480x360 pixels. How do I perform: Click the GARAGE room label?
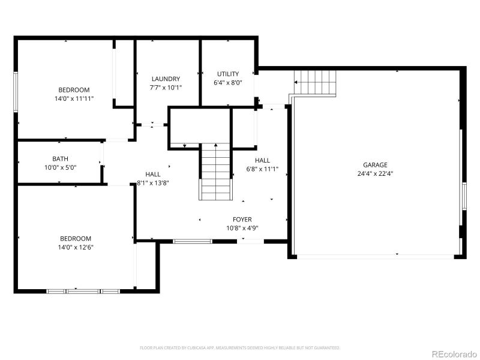tap(375, 165)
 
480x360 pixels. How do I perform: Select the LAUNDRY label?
tap(166, 79)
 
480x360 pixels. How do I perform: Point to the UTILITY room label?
tap(228, 74)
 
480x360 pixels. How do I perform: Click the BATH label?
tap(60, 159)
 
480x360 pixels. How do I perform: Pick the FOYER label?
tap(242, 220)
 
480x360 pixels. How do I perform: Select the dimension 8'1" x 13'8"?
tap(153, 183)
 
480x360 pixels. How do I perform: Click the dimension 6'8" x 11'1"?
tap(263, 169)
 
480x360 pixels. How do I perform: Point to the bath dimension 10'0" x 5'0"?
tap(60, 168)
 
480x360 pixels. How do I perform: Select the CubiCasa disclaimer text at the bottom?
tap(240, 347)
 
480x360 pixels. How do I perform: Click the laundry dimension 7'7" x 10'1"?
tap(166, 88)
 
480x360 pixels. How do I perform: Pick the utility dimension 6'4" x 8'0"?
tap(228, 83)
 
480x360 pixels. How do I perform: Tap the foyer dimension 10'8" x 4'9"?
tap(242, 229)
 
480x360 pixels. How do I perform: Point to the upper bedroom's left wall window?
tap(16, 91)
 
